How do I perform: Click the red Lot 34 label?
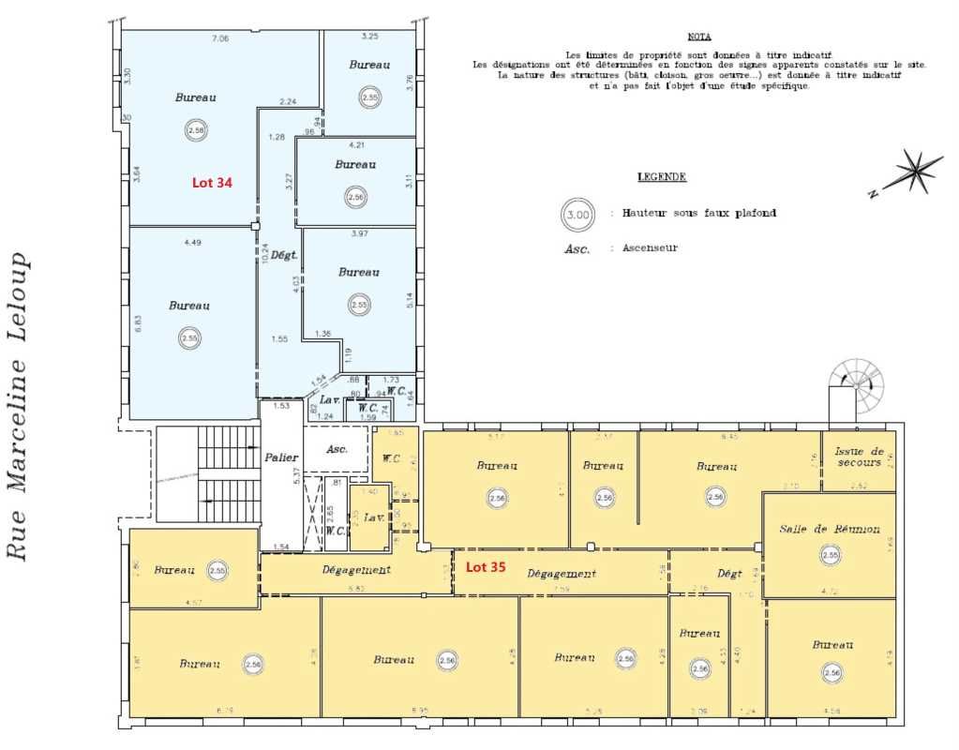(212, 184)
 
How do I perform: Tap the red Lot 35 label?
(486, 566)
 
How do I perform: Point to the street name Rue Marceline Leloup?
(20, 406)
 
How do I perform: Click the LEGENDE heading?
(662, 176)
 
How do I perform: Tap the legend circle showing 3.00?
(577, 215)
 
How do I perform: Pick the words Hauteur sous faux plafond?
(698, 214)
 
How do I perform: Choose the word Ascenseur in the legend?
(649, 248)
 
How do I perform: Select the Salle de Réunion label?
(830, 529)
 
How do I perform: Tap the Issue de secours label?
(858, 456)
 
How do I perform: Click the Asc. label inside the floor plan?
(337, 449)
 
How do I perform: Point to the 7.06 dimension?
(221, 38)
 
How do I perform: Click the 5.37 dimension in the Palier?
(297, 474)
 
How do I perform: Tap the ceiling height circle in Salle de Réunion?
(830, 555)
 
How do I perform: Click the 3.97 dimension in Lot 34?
(357, 232)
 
